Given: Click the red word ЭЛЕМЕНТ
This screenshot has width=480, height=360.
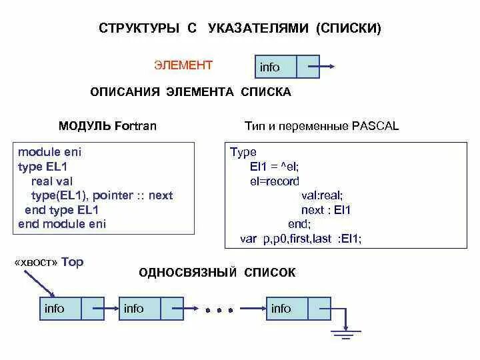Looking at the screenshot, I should coord(183,65).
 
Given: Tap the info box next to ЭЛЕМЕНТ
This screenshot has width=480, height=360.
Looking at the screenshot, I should coord(270,67).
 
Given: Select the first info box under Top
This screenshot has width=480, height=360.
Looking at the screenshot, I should coord(55,309).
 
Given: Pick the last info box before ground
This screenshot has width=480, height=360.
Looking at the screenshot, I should coord(281,309).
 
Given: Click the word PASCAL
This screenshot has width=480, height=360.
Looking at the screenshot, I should coord(375,126).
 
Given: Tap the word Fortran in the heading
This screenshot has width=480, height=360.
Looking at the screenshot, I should coord(135,126).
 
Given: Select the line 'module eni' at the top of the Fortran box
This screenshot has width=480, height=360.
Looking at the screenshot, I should coord(49,152).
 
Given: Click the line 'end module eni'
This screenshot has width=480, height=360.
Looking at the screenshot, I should coord(62,224).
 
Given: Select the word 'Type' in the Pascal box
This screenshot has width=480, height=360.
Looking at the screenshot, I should coord(243,152).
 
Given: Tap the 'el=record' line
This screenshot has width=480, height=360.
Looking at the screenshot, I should coord(275,181).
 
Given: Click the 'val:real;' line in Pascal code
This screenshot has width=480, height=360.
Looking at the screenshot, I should coord(322,195).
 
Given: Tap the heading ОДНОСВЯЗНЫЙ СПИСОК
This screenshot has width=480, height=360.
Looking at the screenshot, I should coord(217,273).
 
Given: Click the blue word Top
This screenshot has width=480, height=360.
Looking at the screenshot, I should coord(73,262).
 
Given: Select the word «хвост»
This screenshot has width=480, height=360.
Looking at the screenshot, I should coord(36,262).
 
